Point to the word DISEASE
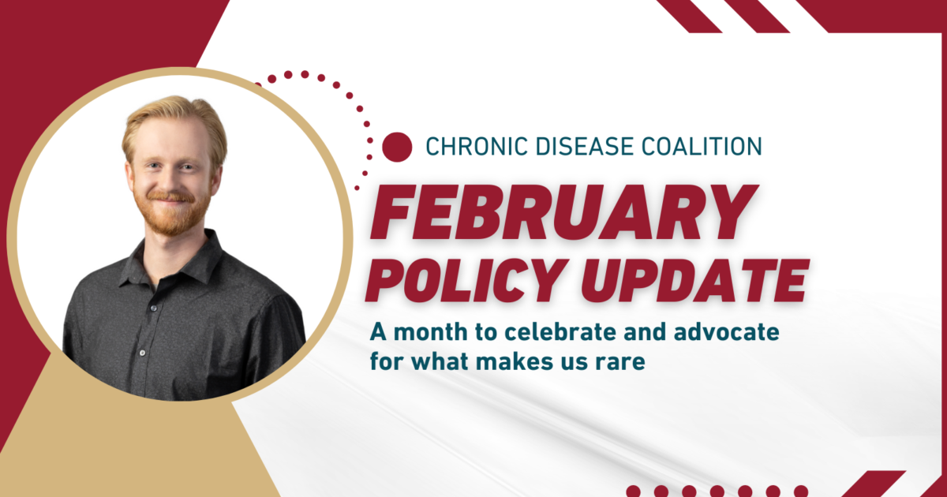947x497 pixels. [x=578, y=146]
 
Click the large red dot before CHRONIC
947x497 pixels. [x=397, y=146]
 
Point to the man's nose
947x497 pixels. [x=172, y=175]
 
